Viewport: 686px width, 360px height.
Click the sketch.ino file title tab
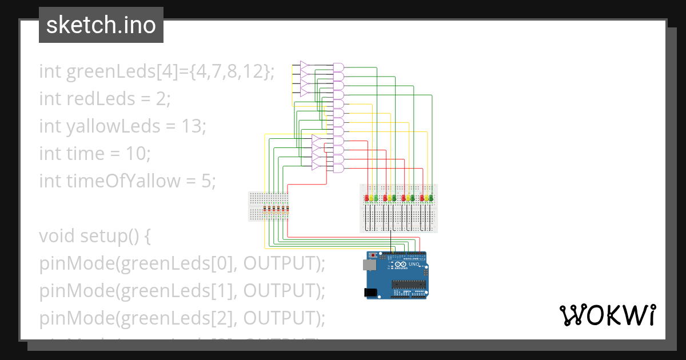click(101, 25)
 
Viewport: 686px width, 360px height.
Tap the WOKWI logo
click(607, 315)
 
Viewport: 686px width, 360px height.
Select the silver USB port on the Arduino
click(369, 265)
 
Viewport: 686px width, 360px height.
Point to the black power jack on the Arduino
click(371, 293)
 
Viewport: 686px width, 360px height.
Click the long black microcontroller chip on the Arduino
click(408, 284)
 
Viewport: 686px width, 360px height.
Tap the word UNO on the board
click(414, 265)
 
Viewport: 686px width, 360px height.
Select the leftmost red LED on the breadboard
click(366, 198)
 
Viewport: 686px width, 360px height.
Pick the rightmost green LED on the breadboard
click(430, 198)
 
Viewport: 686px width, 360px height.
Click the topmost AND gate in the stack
click(338, 67)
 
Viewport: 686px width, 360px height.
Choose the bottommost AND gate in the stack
click(338, 169)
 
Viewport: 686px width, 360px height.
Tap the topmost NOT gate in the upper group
click(304, 66)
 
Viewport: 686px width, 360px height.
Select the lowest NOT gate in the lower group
click(316, 166)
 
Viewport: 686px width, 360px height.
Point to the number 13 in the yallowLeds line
click(192, 126)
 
